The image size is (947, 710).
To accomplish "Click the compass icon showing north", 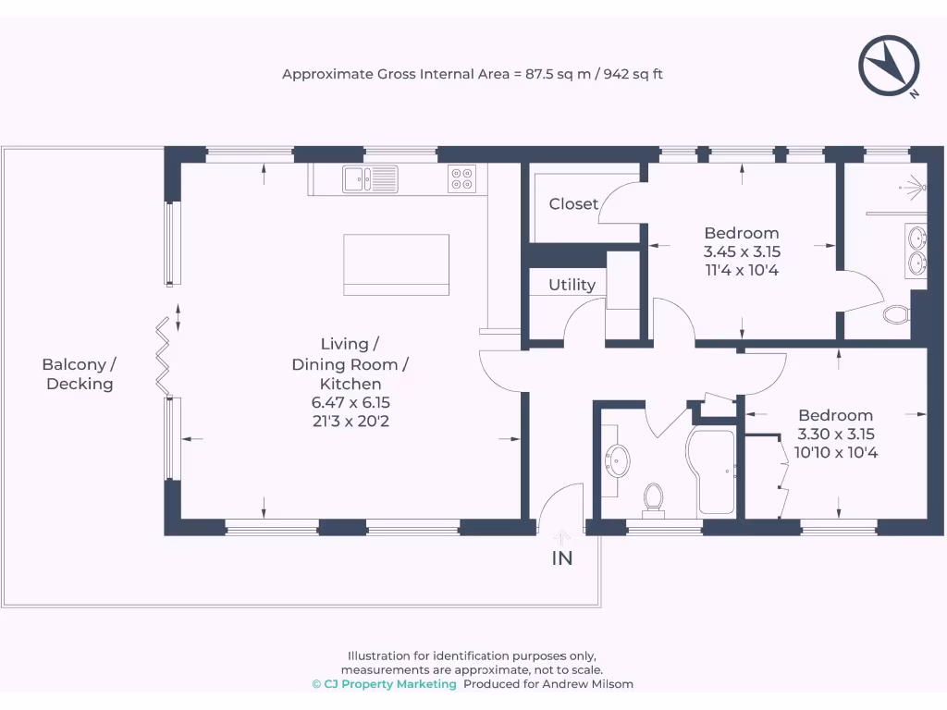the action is (x=889, y=66).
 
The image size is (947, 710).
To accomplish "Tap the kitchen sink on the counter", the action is (x=370, y=178).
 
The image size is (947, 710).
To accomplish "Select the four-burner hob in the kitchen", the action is (x=462, y=178).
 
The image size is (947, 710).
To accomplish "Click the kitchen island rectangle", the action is (x=396, y=264).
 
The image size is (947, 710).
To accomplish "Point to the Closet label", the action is (x=573, y=204).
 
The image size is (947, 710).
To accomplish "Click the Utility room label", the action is (x=572, y=285).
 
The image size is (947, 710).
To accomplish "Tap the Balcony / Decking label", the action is (x=80, y=373).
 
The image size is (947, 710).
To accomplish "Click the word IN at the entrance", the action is (x=561, y=558).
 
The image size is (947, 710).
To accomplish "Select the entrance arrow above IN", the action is (x=561, y=537).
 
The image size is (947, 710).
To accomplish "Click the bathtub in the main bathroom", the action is (x=711, y=471).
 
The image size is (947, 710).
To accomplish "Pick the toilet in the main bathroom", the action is (x=653, y=501).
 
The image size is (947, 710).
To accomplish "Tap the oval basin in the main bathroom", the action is (x=617, y=462).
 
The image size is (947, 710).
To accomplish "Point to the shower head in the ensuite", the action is (x=913, y=187).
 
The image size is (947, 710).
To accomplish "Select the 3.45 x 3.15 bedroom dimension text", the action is (x=742, y=251).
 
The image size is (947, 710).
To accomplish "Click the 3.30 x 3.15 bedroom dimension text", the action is (x=836, y=435).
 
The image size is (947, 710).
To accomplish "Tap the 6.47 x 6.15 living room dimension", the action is (x=351, y=403).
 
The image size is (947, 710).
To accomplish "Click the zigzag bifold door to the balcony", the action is (x=163, y=356).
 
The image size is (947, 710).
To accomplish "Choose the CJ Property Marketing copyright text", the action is (x=384, y=684).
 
